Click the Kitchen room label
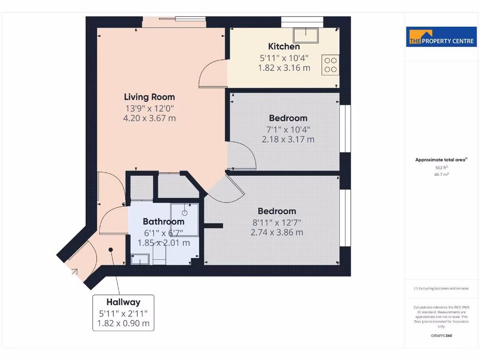pos(284,46)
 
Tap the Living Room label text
pos(149,97)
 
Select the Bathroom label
pos(164,221)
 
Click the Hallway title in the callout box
pos(123,302)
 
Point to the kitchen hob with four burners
pos(330,65)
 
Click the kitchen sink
pos(306,34)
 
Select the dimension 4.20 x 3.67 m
pos(149,118)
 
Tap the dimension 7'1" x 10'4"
pos(288,129)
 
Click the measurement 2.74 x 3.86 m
pos(277,232)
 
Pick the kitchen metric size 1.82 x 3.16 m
pos(284,68)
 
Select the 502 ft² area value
pos(441,167)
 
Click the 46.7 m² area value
pos(441,174)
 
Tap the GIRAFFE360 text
pos(441,336)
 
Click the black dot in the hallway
pos(111,250)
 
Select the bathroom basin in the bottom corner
pos(140,259)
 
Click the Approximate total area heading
pos(441,160)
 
